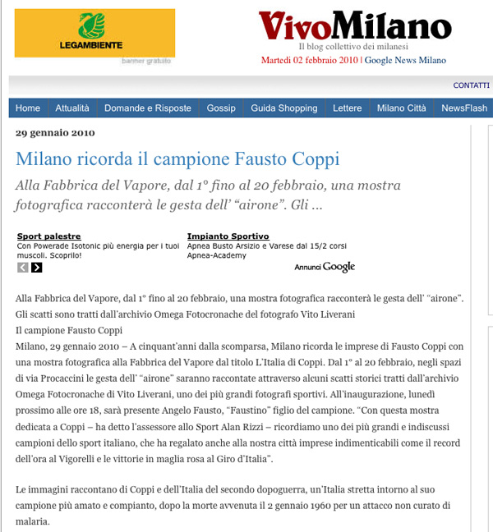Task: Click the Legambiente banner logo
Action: click(x=94, y=33)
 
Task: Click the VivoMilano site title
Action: click(x=355, y=26)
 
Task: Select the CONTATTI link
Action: click(x=471, y=85)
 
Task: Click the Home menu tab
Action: click(x=28, y=108)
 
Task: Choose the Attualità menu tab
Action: click(x=72, y=108)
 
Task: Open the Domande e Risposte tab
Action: click(x=148, y=108)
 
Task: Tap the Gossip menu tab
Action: click(x=221, y=108)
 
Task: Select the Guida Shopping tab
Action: click(x=284, y=108)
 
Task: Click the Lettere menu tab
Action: click(x=347, y=108)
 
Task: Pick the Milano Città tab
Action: click(x=402, y=108)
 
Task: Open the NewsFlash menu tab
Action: click(x=464, y=108)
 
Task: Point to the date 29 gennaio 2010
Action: click(x=56, y=133)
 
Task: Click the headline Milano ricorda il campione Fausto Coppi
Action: click(x=177, y=158)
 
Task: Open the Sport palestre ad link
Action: click(x=49, y=236)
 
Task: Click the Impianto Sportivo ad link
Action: click(x=228, y=236)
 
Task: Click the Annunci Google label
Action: click(x=325, y=267)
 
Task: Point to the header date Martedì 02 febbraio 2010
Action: click(x=309, y=60)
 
